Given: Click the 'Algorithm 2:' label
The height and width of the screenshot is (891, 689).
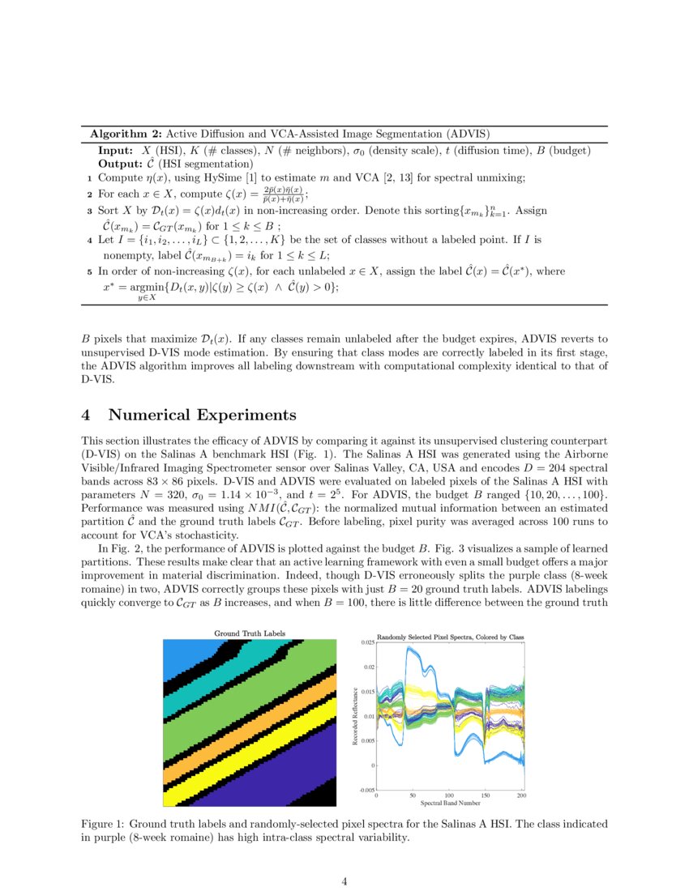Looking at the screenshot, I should coord(126,134).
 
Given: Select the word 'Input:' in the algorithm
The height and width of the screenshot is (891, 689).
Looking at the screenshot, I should coord(115,151).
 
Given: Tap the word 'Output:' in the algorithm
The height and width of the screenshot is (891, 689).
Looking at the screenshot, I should coord(119,164).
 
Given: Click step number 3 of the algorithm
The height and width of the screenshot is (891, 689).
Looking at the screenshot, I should coord(89,211).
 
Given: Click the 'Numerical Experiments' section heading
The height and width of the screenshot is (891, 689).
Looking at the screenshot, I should coord(202,416).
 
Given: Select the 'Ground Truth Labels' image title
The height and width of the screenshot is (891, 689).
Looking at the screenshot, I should coord(249,633).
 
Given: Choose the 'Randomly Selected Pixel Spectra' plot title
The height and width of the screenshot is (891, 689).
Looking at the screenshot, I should coord(451,637).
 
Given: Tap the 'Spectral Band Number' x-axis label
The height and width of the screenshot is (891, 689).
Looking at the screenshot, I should coord(451,804).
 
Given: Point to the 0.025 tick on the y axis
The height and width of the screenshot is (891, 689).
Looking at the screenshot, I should coord(367,642).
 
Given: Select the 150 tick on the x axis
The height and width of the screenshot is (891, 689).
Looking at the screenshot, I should coord(486,795).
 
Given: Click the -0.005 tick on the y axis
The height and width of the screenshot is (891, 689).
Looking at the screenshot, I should coord(366,790).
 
